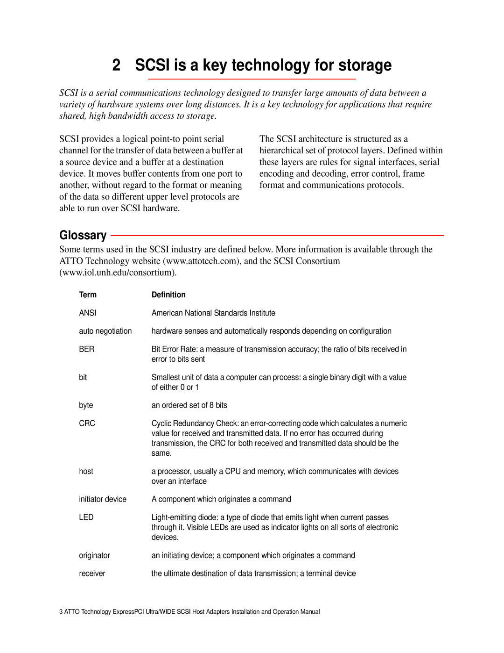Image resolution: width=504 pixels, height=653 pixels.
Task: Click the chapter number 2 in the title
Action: (116, 65)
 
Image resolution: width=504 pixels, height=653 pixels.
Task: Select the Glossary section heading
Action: (83, 235)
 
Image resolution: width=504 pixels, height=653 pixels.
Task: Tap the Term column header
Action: (88, 294)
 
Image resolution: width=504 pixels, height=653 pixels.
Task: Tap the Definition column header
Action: (168, 294)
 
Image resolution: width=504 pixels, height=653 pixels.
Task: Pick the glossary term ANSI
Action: (88, 313)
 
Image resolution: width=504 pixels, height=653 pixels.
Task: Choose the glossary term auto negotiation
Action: (105, 331)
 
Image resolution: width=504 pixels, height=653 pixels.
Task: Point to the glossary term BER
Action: (87, 349)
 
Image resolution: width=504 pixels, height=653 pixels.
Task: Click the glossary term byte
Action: (86, 405)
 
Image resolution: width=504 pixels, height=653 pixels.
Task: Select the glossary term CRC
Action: (87, 423)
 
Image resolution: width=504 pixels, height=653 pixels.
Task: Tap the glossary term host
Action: (86, 471)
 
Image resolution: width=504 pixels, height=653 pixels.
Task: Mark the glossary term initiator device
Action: (103, 499)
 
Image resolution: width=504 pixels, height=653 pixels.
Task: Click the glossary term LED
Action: (86, 517)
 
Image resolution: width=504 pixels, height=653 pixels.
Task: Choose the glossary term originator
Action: (95, 555)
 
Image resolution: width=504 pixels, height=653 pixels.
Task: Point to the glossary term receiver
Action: (92, 574)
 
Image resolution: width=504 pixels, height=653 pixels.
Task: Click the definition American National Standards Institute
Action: (213, 313)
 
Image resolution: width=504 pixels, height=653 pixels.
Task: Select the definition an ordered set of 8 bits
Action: (189, 405)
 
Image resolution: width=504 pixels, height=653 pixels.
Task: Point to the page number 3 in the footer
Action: (61, 612)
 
